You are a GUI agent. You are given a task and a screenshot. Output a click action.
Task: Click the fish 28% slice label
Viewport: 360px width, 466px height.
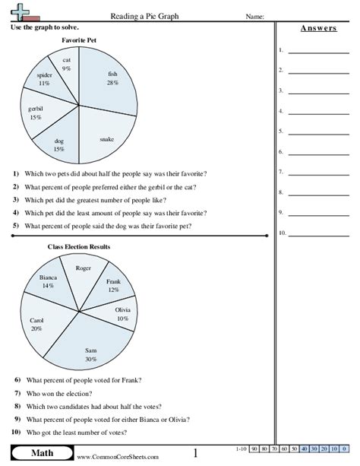coord(113,78)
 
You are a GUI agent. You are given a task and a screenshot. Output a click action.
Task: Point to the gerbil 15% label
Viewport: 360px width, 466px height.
coord(33,115)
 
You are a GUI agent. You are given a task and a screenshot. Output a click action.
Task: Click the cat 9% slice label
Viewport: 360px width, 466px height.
coord(67,64)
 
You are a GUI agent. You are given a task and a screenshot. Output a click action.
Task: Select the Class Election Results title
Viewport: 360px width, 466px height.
coord(78,247)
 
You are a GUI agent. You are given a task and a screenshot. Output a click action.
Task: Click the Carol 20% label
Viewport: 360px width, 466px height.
coord(36,325)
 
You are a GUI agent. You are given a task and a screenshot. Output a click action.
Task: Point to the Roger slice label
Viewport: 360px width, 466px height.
coord(84,268)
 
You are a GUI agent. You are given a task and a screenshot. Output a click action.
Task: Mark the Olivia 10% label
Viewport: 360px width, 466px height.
coord(122,314)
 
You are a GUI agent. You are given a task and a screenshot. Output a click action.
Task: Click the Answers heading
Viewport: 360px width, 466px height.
coord(313,28)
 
